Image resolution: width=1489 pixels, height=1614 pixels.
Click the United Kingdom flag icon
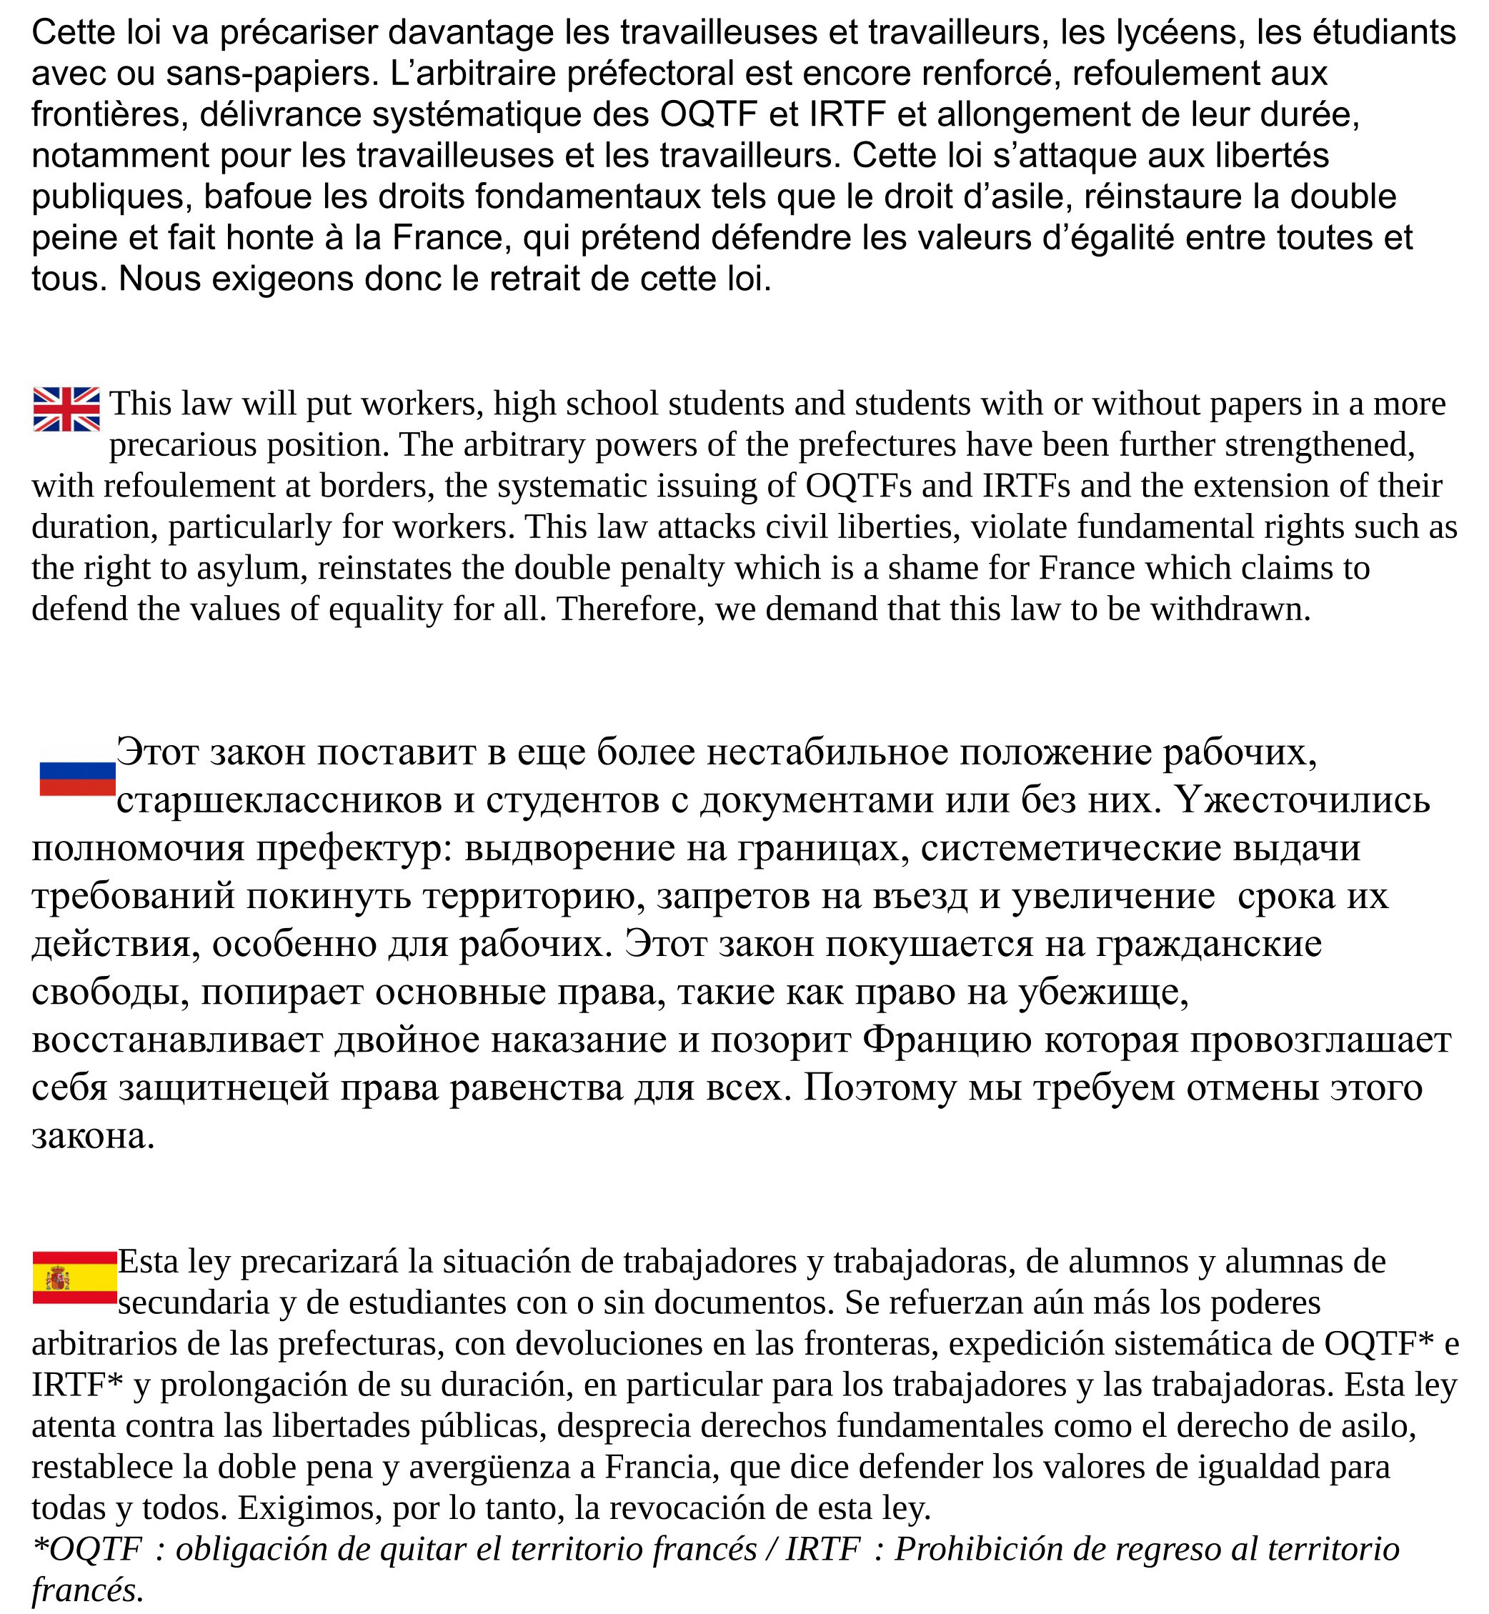coord(66,409)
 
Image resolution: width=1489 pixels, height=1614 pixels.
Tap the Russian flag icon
coord(77,778)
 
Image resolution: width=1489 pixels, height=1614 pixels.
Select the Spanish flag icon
coord(75,1277)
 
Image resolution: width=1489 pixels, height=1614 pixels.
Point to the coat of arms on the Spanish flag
coord(58,1278)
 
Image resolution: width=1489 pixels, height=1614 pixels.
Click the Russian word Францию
coord(947,1040)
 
